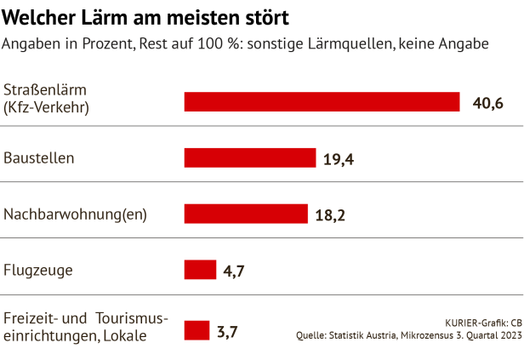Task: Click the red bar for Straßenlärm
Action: click(322, 102)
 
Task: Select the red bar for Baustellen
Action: click(249, 157)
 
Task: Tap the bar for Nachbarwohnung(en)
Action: click(245, 214)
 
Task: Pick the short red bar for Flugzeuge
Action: click(200, 270)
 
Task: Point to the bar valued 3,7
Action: click(196, 330)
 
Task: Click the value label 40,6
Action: click(488, 103)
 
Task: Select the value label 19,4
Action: click(339, 158)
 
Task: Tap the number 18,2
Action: click(329, 214)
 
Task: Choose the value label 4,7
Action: click(234, 271)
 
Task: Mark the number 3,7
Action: click(226, 331)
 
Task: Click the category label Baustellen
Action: click(39, 157)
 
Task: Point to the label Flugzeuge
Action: click(38, 271)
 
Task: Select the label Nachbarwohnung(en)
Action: click(76, 214)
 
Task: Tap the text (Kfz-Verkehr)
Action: click(46, 108)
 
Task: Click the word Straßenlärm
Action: click(45, 90)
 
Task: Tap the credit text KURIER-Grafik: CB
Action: click(483, 323)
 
